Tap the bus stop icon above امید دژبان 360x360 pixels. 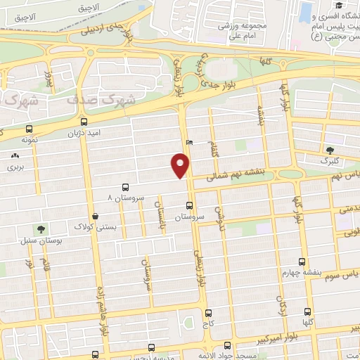coord(29,129)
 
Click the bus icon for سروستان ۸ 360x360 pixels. coord(125,187)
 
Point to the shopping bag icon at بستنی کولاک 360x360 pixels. coord(95,217)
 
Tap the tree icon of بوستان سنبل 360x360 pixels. coord(41,229)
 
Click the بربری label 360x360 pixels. coord(15,168)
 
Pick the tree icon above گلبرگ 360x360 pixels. coord(330,149)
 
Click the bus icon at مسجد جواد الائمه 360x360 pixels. coord(226,345)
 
